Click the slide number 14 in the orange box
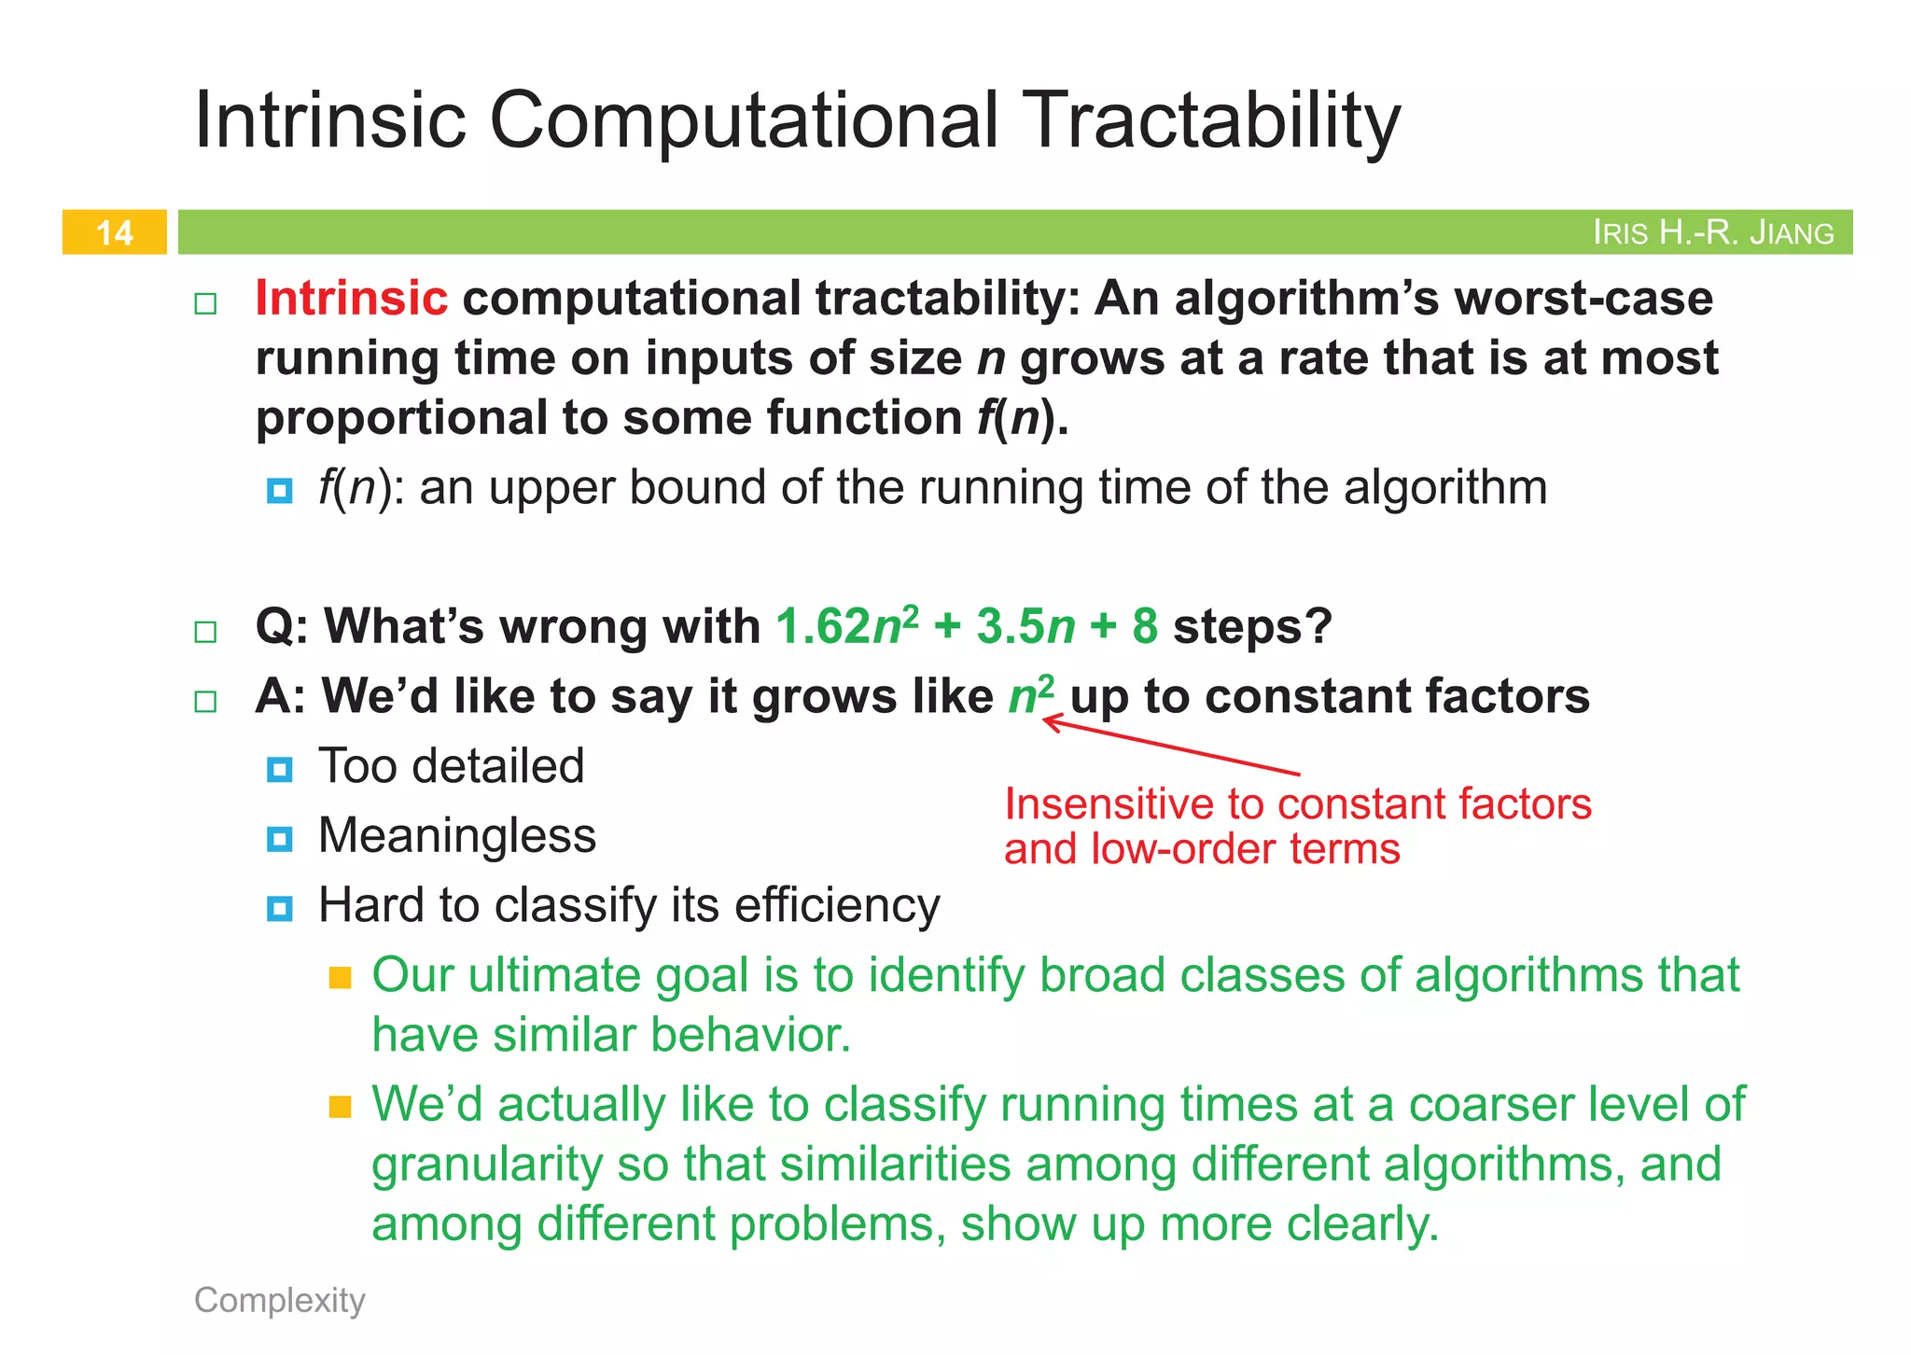point(114,232)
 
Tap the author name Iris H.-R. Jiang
point(1712,232)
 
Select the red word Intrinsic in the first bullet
point(352,299)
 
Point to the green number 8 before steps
point(1145,626)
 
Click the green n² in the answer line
point(1031,695)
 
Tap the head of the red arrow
point(1047,720)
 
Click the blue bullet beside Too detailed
point(279,770)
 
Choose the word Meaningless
point(456,835)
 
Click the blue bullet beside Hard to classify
point(279,908)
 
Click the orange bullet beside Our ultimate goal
point(341,978)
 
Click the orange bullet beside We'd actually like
point(341,1107)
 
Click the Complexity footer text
point(279,1300)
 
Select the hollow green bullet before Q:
point(205,632)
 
